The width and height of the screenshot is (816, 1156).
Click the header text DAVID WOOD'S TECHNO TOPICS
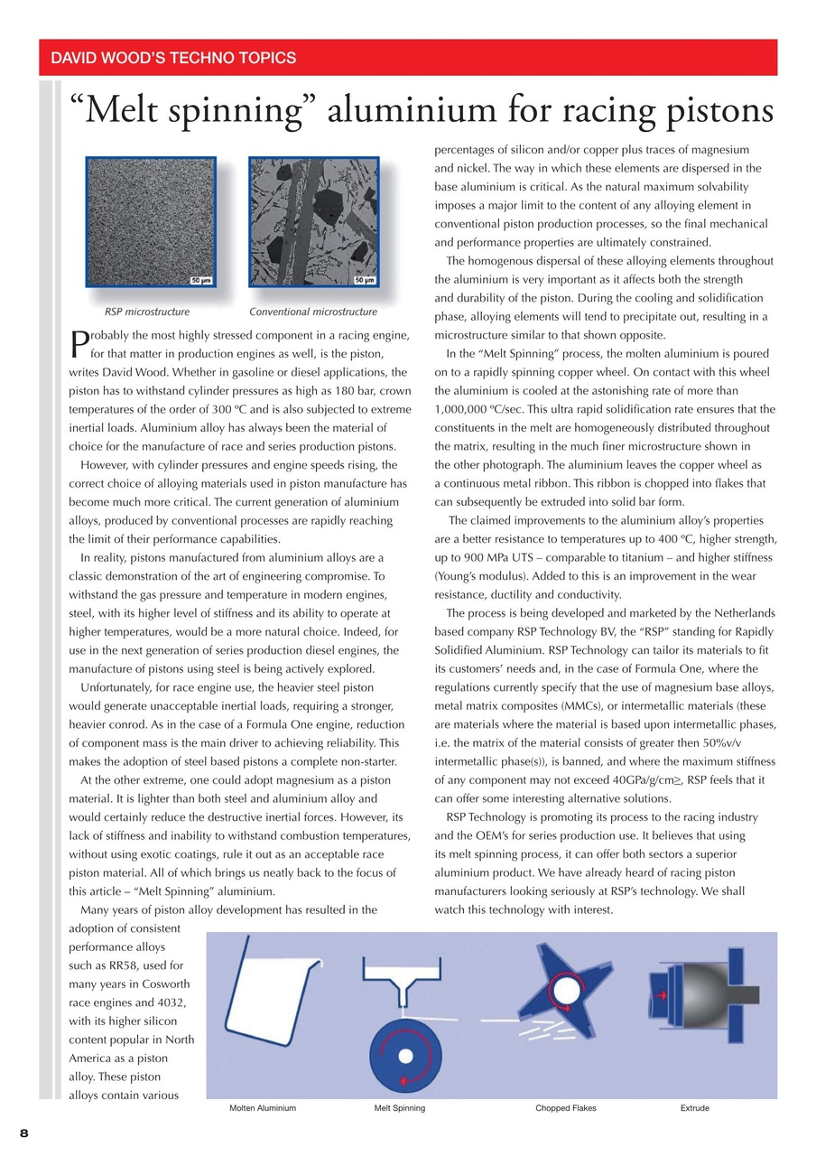[x=173, y=59]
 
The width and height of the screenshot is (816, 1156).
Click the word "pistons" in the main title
[x=704, y=111]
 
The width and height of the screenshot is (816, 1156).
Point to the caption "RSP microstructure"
[x=147, y=312]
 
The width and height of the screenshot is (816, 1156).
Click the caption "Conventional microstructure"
[x=313, y=312]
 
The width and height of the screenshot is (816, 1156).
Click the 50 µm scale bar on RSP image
[x=200, y=280]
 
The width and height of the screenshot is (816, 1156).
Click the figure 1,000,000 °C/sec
[x=474, y=409]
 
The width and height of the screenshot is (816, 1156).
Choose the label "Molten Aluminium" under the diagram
[x=262, y=1108]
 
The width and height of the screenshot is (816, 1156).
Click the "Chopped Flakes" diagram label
[x=565, y=1108]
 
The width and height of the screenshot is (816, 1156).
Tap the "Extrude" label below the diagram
[x=694, y=1108]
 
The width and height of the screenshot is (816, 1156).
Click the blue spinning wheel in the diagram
[x=405, y=1057]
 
